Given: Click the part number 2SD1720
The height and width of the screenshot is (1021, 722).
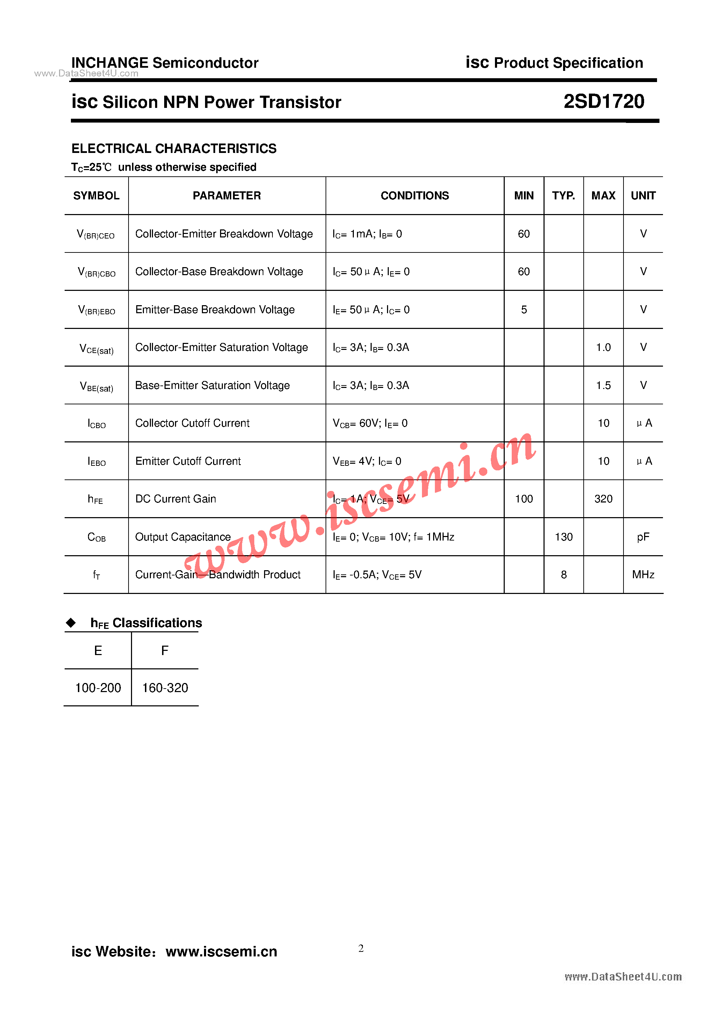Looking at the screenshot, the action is point(604,101).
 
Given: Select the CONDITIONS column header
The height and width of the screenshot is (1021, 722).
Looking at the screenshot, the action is point(415,196).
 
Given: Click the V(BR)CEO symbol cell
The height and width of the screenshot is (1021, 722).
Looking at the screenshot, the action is point(96,234).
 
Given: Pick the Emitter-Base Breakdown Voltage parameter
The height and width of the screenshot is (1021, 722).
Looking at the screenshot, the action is point(215,309).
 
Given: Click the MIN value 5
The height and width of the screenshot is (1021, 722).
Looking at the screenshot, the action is point(524,309).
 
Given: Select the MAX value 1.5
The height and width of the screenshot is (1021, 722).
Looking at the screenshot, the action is point(603,385).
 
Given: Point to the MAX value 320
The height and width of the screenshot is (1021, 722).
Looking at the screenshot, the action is point(603,499).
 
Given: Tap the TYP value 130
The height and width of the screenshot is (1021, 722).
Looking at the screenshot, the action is point(564,537).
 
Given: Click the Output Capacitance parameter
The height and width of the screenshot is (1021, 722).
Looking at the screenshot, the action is point(183,537).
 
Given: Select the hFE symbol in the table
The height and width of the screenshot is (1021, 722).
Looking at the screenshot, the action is point(95,499).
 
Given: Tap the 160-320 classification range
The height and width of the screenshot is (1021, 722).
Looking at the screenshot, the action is point(165,688).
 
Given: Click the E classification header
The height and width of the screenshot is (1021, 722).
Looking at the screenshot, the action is point(98,651).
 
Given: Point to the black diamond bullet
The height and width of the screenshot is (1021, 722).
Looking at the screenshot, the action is point(71,623).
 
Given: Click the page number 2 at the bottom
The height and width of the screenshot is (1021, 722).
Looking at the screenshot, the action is point(361,948).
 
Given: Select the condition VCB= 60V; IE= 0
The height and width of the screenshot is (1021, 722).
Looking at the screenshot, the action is point(370,423).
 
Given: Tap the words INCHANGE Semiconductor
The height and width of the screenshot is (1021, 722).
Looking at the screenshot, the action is point(165,63).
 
